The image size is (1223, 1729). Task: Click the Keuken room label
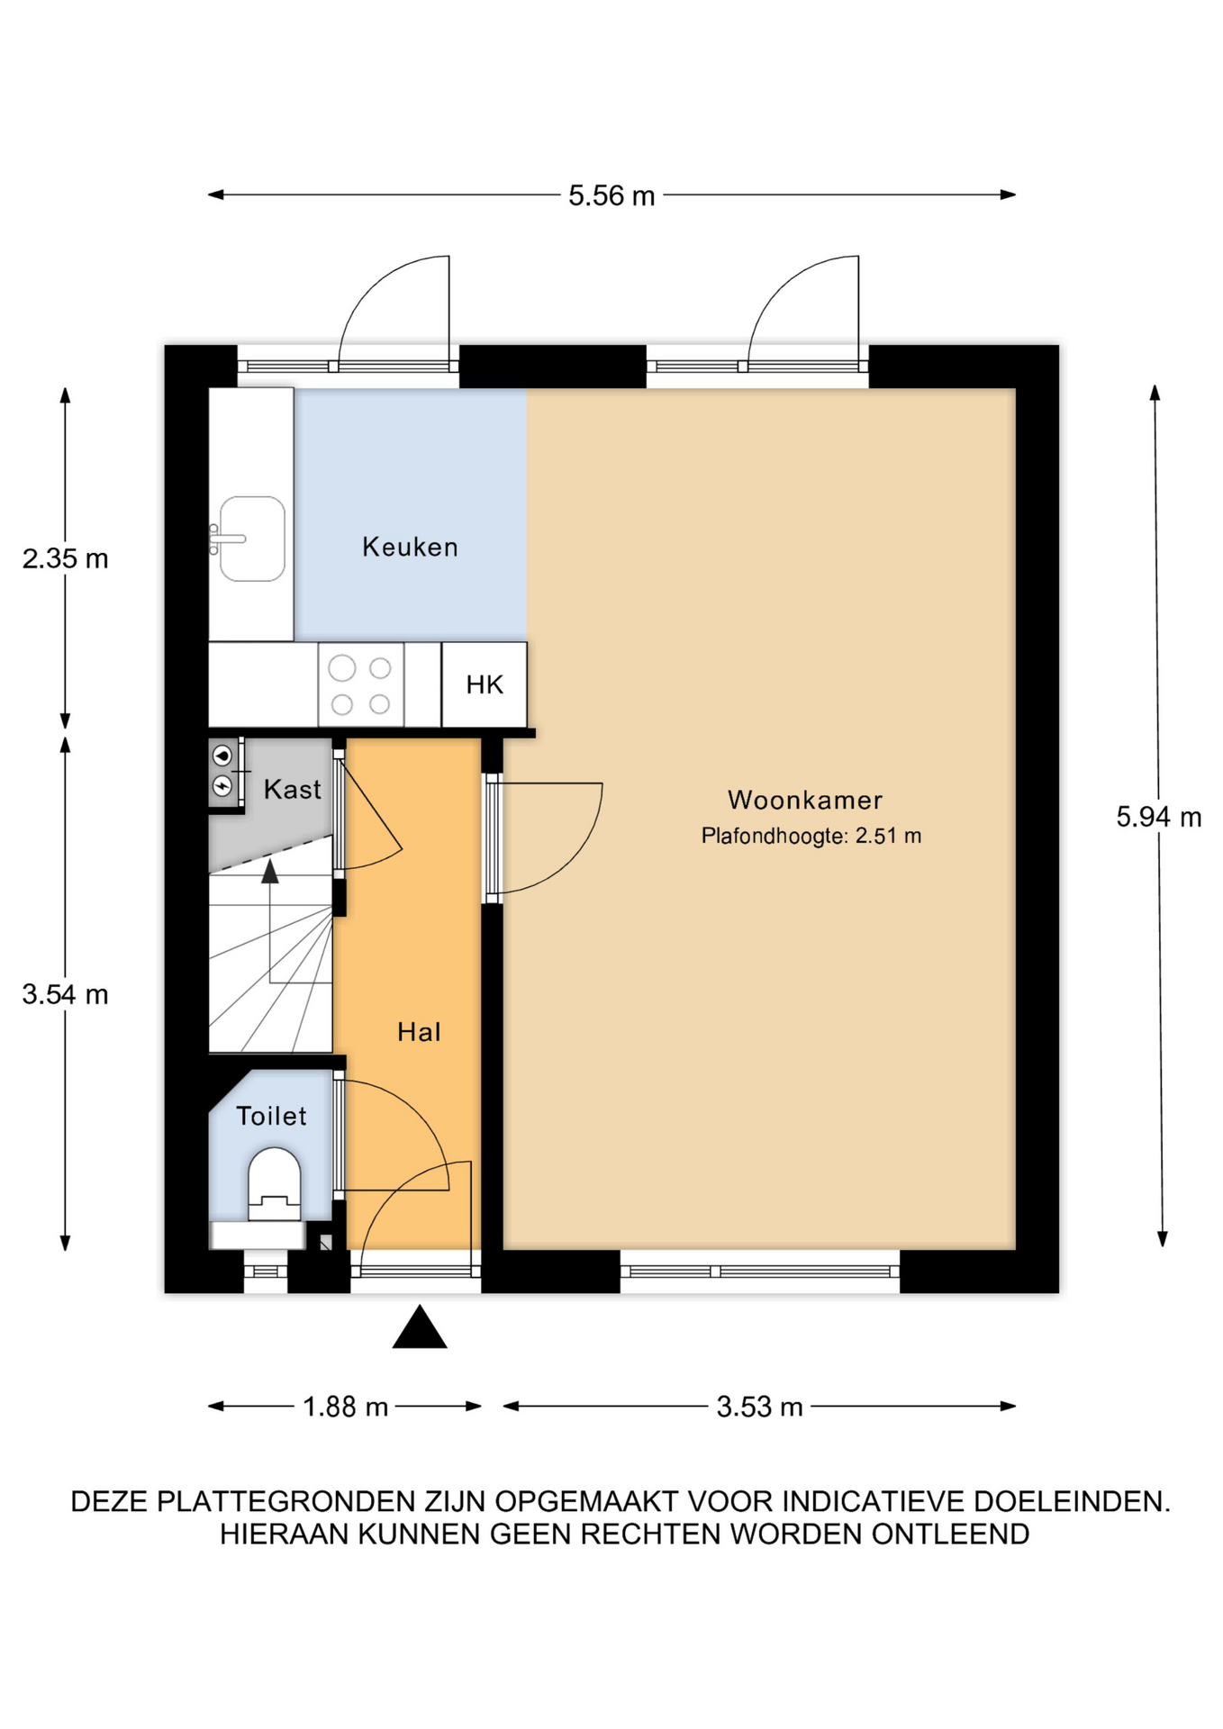point(410,547)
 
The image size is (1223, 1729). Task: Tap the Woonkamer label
point(805,800)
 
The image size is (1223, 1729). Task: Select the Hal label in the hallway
point(419,1032)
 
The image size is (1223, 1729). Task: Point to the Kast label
point(292,790)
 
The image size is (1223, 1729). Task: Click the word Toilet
point(271,1116)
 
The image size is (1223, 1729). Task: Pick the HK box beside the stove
point(485,684)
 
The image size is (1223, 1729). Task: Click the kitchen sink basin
point(252,539)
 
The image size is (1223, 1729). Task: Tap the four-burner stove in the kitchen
point(360,684)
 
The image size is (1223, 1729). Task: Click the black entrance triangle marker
point(420,1327)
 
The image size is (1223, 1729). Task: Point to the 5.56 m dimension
point(611,195)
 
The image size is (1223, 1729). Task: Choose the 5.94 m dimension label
point(1159,817)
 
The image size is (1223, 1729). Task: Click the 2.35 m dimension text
point(66,558)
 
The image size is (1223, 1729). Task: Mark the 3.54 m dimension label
point(66,994)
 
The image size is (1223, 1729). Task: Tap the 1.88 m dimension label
point(346,1407)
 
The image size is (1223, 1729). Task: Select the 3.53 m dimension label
point(759,1407)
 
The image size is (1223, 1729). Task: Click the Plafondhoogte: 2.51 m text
point(811,836)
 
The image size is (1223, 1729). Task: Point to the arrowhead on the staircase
point(269,871)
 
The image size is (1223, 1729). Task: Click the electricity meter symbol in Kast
point(222,787)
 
